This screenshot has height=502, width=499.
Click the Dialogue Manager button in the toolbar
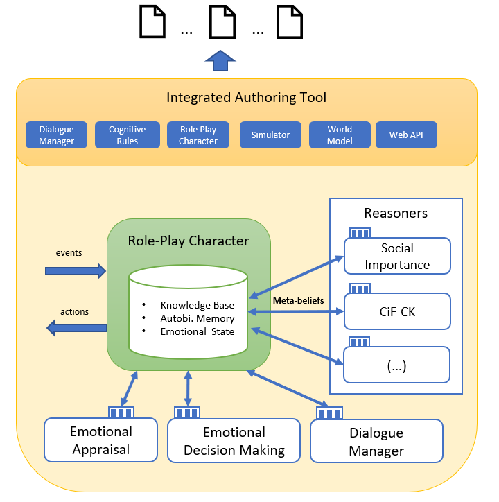coord(57,135)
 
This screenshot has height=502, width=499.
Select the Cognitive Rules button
coord(128,135)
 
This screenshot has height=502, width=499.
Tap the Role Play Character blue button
coord(198,135)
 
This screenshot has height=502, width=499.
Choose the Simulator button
coord(270,135)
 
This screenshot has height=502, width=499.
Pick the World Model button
coord(340,135)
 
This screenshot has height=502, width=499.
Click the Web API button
coord(407,135)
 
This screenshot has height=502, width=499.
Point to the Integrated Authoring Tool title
coord(246,98)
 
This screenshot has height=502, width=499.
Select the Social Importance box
coord(397,257)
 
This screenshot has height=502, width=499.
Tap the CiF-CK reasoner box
coord(397,312)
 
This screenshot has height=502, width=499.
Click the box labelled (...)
coord(397,365)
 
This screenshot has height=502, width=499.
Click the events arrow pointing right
coord(75,270)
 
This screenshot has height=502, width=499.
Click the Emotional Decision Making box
coord(234,441)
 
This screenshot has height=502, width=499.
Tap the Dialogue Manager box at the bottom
coord(376,442)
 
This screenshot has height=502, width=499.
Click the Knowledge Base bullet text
coord(197,305)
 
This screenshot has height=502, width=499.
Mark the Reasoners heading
coord(396,213)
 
